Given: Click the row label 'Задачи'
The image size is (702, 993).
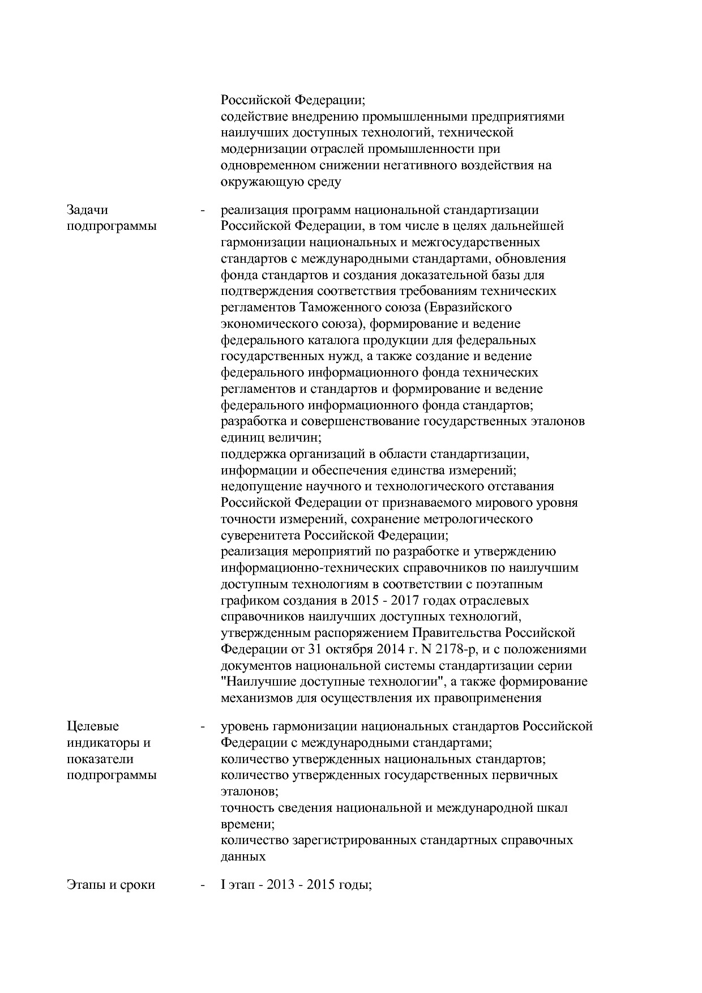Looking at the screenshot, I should click(87, 210).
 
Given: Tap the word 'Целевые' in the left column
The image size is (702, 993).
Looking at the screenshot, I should click(93, 726).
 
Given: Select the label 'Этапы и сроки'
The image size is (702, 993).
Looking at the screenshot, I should click(111, 884).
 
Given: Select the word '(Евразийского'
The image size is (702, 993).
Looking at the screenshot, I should click(468, 307).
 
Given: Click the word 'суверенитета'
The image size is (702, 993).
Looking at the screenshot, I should click(260, 535).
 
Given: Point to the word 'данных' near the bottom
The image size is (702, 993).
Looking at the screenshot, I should click(243, 857).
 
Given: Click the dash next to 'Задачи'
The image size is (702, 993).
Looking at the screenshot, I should click(202, 211).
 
